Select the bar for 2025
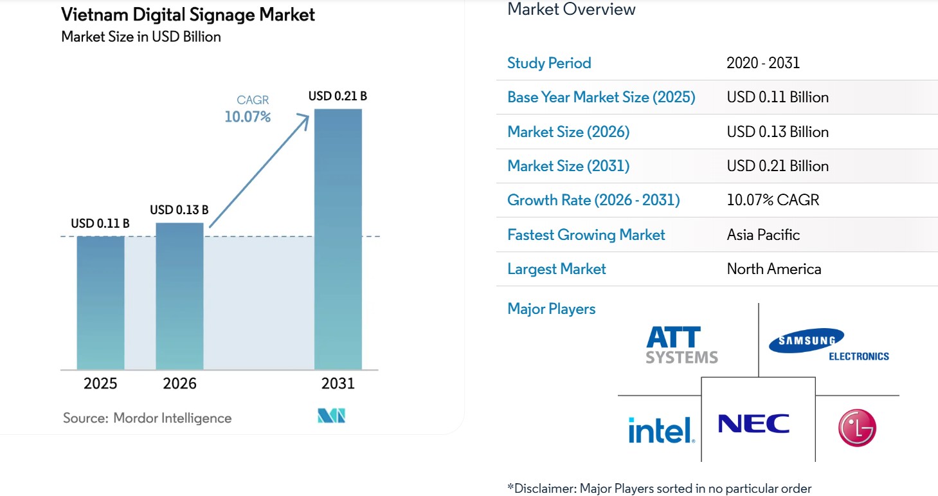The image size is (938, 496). coord(100,302)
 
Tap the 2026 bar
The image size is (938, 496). coord(179,296)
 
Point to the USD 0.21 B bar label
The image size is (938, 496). coord(338,96)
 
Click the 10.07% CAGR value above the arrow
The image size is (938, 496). coord(247,116)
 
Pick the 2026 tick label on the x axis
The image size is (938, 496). coord(179,383)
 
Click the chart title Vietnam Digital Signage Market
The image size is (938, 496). coord(188,14)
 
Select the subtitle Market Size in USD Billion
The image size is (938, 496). coord(141,37)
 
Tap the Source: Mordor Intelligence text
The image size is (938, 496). coord(147,418)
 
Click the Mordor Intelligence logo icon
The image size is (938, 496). coord(332,416)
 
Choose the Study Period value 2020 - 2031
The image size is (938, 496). coord(763,63)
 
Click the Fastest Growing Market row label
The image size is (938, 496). coord(586,235)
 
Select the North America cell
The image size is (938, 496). coord(773,269)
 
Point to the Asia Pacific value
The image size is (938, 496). coord(763,235)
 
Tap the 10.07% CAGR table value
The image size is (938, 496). coord(773,200)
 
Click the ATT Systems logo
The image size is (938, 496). coord(681,345)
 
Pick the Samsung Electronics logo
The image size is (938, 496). coord(828,345)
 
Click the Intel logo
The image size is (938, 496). coord(661,429)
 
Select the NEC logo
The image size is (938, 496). coord(753,424)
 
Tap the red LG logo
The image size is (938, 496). coord(856,428)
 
